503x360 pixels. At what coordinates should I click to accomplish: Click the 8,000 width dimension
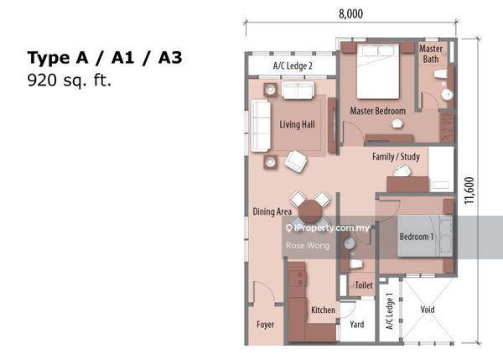pyautogui.click(x=351, y=13)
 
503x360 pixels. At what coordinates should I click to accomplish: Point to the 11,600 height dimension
pyautogui.click(x=469, y=190)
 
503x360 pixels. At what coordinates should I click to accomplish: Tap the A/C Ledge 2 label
pyautogui.click(x=293, y=65)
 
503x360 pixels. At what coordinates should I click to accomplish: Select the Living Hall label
pyautogui.click(x=297, y=124)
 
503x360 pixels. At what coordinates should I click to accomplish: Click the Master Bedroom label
pyautogui.click(x=377, y=111)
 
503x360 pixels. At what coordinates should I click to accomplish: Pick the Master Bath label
pyautogui.click(x=431, y=54)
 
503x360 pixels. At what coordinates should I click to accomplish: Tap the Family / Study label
pyautogui.click(x=396, y=157)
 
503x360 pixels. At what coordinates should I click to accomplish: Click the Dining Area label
pyautogui.click(x=272, y=211)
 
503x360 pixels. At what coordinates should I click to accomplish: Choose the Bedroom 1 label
pyautogui.click(x=417, y=237)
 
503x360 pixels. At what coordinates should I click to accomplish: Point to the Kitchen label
pyautogui.click(x=323, y=310)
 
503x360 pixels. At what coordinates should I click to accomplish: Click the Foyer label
pyautogui.click(x=265, y=325)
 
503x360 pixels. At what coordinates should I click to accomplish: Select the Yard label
pyautogui.click(x=357, y=325)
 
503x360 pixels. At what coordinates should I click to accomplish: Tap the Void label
pyautogui.click(x=428, y=310)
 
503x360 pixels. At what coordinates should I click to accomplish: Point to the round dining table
pyautogui.click(x=310, y=211)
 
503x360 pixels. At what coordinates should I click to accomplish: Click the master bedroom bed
pyautogui.click(x=378, y=71)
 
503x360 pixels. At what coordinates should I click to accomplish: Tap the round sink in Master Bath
pyautogui.click(x=446, y=95)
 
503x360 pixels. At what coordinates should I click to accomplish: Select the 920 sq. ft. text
pyautogui.click(x=70, y=81)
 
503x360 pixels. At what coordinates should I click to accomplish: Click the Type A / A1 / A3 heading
pyautogui.click(x=105, y=58)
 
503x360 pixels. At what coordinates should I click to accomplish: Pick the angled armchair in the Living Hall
pyautogui.click(x=295, y=161)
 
